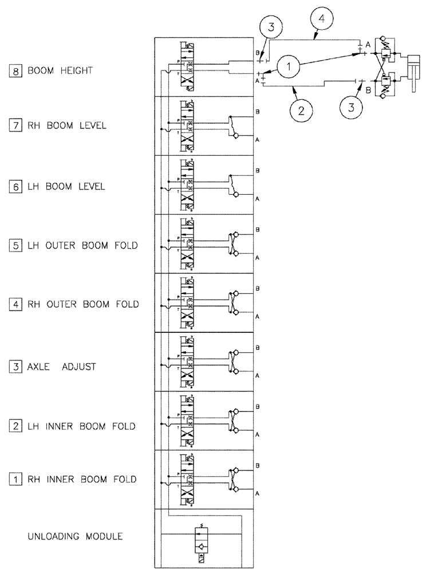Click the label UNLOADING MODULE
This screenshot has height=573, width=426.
click(x=75, y=537)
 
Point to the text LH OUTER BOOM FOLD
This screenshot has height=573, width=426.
click(x=83, y=245)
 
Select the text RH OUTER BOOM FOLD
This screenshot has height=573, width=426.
click(x=83, y=304)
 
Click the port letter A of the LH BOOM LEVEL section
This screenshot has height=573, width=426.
click(x=258, y=198)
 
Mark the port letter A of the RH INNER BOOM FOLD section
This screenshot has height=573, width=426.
click(x=258, y=493)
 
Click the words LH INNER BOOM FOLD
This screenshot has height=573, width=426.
click(x=81, y=426)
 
